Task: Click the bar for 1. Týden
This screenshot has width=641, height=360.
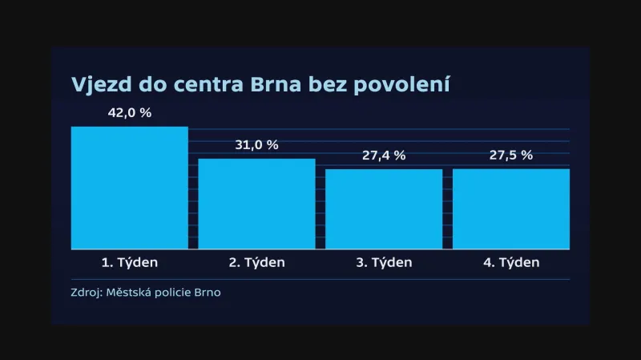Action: pos(129,188)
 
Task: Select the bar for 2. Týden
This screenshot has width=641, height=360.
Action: pos(256,204)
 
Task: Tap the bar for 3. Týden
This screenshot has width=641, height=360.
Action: pos(384,208)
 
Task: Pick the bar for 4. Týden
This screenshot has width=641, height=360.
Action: pos(511,208)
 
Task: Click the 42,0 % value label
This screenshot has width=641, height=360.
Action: pos(130,113)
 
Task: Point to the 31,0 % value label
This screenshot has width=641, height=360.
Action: pos(256,145)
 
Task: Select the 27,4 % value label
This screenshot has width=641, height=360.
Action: pos(384,156)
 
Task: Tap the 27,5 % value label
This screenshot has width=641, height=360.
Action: pos(511,156)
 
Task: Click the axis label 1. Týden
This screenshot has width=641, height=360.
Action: pos(130,262)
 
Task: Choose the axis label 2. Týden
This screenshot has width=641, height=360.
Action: pos(256,262)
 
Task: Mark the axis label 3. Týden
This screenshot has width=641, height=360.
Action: pos(384,262)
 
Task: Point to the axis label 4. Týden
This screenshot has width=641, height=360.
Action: pos(511,262)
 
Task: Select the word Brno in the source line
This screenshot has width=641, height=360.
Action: pos(210,293)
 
